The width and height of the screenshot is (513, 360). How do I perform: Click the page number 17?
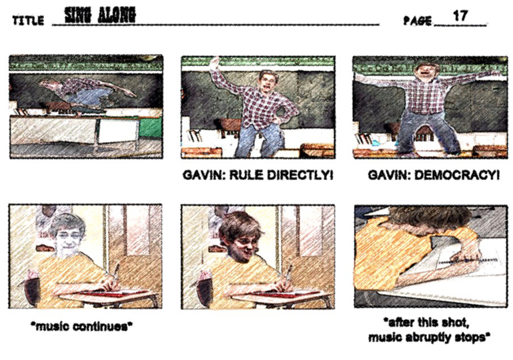point(460,16)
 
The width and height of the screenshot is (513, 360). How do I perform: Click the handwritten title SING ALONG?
point(100,15)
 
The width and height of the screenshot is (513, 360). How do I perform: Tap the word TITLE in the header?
point(28,21)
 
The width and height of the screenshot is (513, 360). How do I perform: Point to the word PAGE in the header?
point(417,21)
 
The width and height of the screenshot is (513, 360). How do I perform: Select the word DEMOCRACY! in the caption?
point(457,175)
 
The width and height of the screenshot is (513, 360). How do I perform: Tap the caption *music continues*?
point(81,326)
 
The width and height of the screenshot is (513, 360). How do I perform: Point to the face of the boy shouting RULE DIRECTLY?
point(267,83)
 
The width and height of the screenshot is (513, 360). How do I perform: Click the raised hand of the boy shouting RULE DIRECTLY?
point(214,62)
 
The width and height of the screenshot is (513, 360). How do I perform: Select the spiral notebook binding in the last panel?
point(468,261)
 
